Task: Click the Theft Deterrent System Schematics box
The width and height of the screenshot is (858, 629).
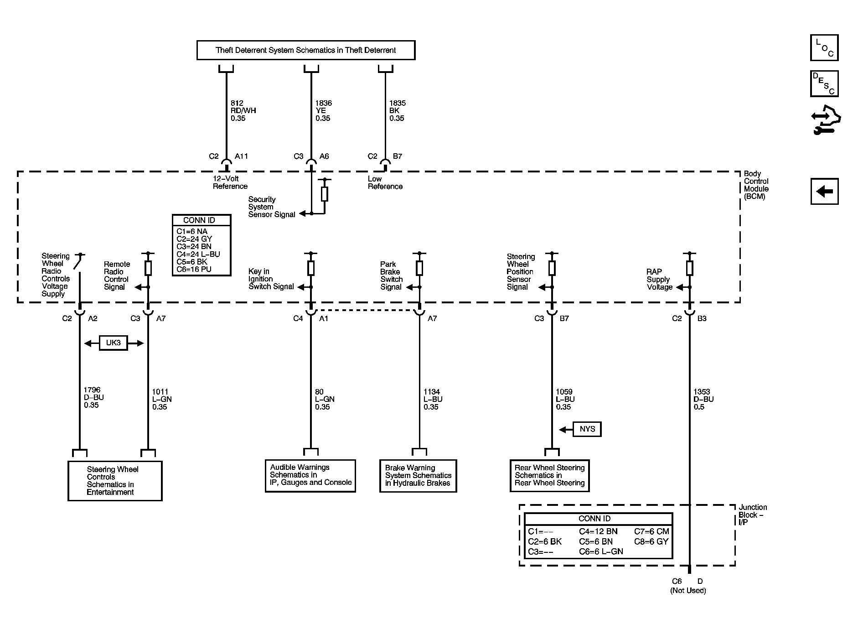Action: [306, 50]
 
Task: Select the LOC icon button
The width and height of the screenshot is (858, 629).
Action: [824, 48]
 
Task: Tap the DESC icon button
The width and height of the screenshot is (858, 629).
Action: [824, 83]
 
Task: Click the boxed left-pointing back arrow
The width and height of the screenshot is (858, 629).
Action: [824, 191]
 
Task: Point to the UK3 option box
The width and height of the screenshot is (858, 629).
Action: [114, 343]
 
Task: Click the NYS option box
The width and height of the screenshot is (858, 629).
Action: [587, 429]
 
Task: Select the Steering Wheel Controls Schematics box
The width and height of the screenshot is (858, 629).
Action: [115, 481]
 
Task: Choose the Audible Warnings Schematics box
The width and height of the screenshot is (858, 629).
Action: [310, 476]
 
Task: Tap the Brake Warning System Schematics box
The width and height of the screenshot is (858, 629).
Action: [418, 476]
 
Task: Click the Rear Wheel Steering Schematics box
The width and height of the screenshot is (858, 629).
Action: [549, 476]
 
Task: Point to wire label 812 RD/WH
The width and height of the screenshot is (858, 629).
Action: [243, 111]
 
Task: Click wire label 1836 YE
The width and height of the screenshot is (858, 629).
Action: [323, 111]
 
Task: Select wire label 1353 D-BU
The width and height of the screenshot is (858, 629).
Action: [703, 399]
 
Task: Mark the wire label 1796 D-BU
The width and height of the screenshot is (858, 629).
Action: [93, 397]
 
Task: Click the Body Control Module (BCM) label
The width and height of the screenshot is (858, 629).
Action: [756, 185]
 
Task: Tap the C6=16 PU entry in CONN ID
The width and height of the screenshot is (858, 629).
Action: [194, 269]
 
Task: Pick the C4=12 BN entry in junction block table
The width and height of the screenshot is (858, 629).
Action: [598, 531]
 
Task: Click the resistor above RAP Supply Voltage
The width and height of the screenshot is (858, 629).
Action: [689, 268]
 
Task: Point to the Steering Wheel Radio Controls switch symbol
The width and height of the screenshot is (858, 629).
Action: [78, 263]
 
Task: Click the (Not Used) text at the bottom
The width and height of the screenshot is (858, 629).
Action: [688, 591]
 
